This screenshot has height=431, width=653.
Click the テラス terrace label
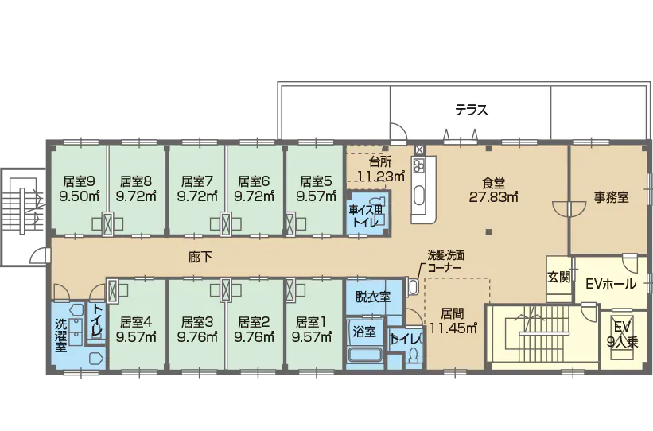(x=471, y=110)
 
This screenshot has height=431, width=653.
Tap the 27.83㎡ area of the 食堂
(x=493, y=196)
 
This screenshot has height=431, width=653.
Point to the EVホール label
(x=610, y=283)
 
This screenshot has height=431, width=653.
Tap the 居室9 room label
(x=79, y=181)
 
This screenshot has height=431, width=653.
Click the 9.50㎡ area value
(x=79, y=196)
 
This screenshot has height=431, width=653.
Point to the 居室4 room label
(x=136, y=322)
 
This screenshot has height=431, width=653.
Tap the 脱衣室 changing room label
(x=372, y=297)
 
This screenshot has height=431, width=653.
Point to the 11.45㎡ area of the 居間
(x=453, y=326)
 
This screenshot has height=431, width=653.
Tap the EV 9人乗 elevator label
(x=620, y=335)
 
